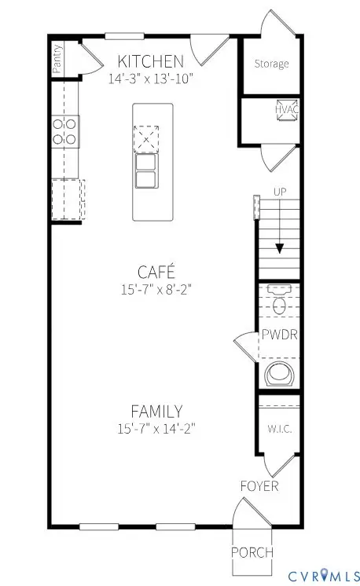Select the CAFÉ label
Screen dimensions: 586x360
coord(156,272)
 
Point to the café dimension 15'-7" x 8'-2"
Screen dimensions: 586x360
coord(156,288)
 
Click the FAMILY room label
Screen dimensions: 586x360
coord(156,411)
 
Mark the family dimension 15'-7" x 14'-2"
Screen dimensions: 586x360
coord(156,428)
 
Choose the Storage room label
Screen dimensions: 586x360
coord(271,64)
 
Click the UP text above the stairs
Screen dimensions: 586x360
coord(279,192)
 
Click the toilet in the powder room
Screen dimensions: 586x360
coord(279,301)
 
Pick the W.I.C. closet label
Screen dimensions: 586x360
coord(279,430)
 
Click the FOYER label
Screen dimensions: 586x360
coord(259,486)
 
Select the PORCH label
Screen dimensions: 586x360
coord(252,552)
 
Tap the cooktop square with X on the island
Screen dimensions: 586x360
coord(146,141)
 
